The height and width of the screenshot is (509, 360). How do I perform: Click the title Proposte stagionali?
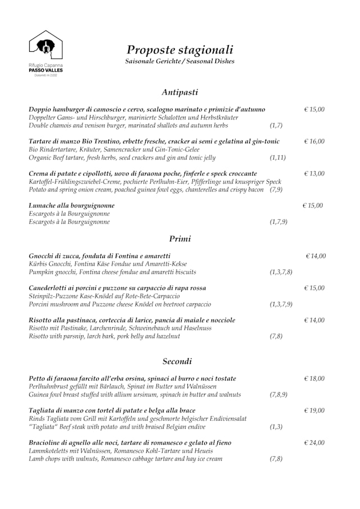(179, 49)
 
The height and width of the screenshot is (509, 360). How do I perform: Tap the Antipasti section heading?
(179, 92)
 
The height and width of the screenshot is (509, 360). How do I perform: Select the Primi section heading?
(180, 238)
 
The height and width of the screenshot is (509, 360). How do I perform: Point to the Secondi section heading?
(177, 361)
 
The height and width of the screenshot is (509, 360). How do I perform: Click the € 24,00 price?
(314, 443)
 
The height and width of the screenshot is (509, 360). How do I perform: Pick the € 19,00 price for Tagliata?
(314, 411)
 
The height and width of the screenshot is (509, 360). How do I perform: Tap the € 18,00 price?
(314, 379)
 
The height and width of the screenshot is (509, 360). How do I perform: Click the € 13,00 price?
(314, 173)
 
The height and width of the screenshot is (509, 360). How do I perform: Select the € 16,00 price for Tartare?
(314, 141)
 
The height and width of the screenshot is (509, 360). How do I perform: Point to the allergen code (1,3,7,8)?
(281, 272)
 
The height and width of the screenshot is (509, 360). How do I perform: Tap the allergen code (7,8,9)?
(278, 395)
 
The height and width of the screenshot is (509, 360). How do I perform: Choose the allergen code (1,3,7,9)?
(281, 304)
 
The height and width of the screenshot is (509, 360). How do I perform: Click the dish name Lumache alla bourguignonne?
(71, 206)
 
